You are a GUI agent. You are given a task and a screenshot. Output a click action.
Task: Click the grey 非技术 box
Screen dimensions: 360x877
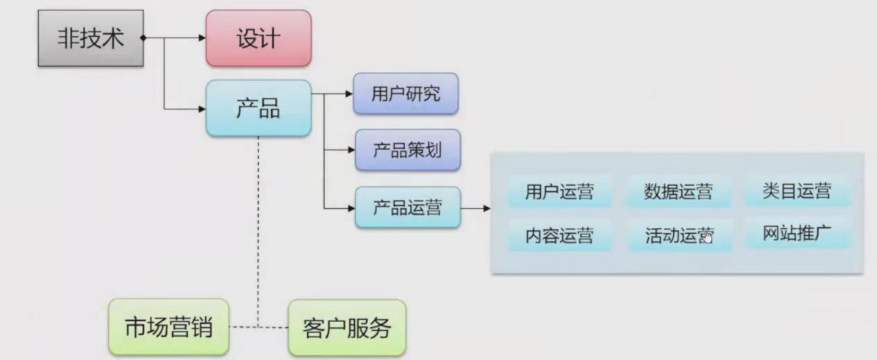[x=91, y=38]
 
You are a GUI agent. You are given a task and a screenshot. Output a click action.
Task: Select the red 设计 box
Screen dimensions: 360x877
[x=259, y=38]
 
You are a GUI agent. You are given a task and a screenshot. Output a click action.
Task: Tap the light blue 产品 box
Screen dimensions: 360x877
[x=259, y=108]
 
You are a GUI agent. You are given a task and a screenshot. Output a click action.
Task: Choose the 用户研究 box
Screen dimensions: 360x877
[x=406, y=94]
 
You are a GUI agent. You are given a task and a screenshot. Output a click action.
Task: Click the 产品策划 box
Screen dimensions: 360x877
[x=407, y=150]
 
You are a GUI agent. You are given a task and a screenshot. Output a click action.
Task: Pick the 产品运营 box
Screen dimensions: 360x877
[x=408, y=207]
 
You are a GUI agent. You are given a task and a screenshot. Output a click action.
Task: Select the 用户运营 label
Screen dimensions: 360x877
[x=559, y=192]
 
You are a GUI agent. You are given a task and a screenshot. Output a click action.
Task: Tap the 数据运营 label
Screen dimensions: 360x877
[x=678, y=192]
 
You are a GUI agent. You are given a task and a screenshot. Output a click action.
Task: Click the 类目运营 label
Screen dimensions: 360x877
[x=797, y=191]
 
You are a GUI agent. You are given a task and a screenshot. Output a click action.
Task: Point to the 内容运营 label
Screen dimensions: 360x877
[x=559, y=236]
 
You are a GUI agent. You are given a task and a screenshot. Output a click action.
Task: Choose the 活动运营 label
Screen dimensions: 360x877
[x=678, y=236]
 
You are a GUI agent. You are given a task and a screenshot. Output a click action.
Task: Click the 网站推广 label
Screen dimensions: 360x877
[x=797, y=234]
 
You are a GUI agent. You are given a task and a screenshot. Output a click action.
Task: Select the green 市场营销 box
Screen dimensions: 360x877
[x=169, y=326]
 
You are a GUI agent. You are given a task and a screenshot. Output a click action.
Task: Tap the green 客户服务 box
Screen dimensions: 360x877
[x=347, y=327]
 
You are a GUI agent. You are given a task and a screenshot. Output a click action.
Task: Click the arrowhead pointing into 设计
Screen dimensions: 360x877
[x=202, y=38]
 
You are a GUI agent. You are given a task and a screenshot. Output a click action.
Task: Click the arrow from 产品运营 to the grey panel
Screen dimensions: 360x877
[x=476, y=207]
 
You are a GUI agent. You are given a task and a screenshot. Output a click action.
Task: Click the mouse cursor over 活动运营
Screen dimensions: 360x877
[x=706, y=237]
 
